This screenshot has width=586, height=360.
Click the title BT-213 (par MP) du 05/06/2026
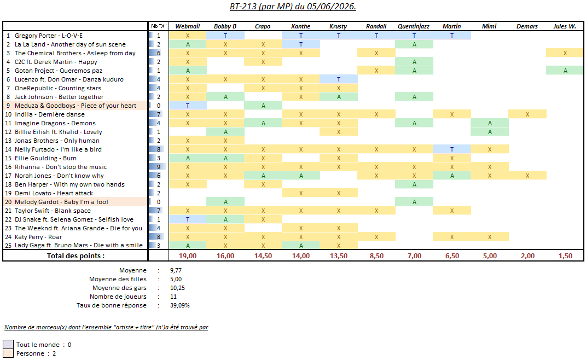pyautogui.click(x=293, y=7)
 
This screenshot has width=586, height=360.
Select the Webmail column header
pyautogui.click(x=188, y=26)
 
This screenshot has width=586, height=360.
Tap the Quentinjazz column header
pyautogui.click(x=414, y=26)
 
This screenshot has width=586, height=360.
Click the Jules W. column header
pyautogui.click(x=565, y=26)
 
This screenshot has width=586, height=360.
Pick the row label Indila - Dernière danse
pyautogui.click(x=50, y=114)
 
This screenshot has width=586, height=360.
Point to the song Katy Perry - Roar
pyautogui.click(x=38, y=237)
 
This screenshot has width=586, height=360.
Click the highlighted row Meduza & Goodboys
pyautogui.click(x=76, y=106)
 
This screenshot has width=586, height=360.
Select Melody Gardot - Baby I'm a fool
pyautogui.click(x=61, y=202)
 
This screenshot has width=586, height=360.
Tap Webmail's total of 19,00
pyautogui.click(x=188, y=256)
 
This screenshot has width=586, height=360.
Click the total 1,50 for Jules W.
pyautogui.click(x=565, y=256)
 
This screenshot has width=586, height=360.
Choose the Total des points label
pyautogui.click(x=76, y=256)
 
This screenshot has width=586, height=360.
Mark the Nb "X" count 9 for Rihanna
pyautogui.click(x=159, y=167)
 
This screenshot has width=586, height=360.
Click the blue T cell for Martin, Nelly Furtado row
pyautogui.click(x=452, y=149)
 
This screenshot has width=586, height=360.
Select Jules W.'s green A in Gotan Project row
pyautogui.click(x=565, y=71)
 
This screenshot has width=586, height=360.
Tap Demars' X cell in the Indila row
pyautogui.click(x=527, y=114)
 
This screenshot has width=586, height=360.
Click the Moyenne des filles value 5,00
pyautogui.click(x=176, y=279)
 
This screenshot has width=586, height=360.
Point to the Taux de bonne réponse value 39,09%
pyautogui.click(x=180, y=305)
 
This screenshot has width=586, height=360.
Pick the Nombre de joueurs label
pyautogui.click(x=118, y=297)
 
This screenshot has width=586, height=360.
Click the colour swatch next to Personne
pyautogui.click(x=8, y=353)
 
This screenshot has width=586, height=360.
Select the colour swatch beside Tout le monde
pyautogui.click(x=8, y=344)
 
